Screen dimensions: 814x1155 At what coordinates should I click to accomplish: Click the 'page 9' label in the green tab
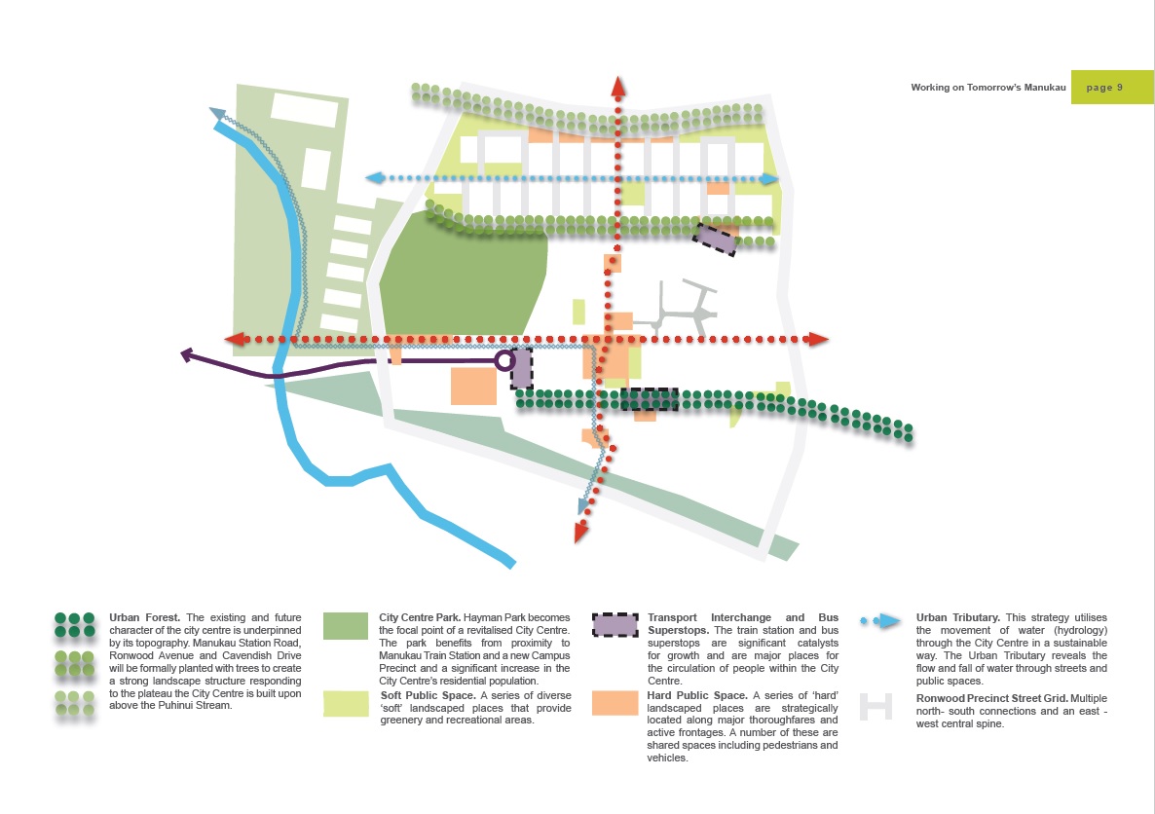click(x=1104, y=88)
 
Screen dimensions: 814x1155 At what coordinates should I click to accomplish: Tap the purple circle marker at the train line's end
click(x=503, y=361)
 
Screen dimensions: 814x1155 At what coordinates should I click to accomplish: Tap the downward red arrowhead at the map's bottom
click(x=581, y=532)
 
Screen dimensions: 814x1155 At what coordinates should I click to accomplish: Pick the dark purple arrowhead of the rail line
click(x=187, y=355)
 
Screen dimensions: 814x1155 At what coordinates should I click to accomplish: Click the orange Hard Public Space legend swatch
click(x=615, y=702)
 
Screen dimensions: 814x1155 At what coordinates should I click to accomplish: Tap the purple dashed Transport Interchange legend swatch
click(x=615, y=626)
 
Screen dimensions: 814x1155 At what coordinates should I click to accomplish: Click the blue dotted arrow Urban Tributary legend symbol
click(x=879, y=621)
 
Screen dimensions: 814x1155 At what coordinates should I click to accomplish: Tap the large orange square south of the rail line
click(x=473, y=386)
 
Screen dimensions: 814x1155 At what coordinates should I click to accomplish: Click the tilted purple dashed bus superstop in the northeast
click(x=716, y=239)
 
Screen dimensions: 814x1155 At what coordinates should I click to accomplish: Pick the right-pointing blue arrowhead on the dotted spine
click(x=771, y=179)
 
